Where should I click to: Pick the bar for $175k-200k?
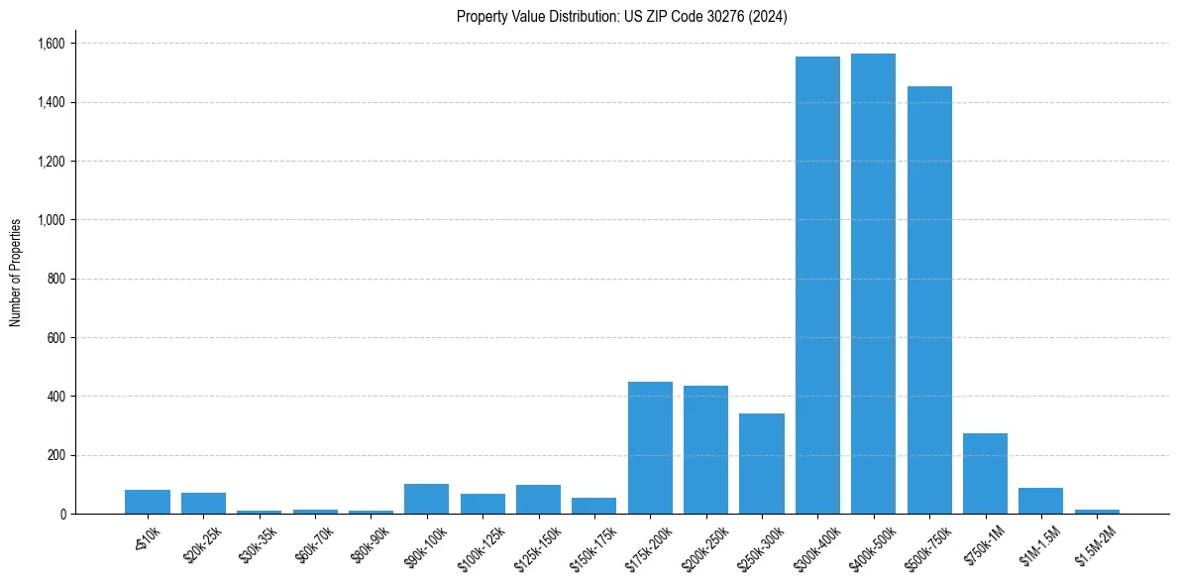coord(650,448)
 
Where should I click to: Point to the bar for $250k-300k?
coord(762,464)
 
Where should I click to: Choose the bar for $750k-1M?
coord(985,474)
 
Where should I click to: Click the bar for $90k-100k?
coord(426,499)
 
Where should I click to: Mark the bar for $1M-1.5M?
coord(1040,501)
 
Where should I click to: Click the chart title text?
coord(621,17)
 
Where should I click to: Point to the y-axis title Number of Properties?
coord(16,273)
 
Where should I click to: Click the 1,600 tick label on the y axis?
coord(51,44)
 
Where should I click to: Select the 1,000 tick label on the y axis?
coord(51,220)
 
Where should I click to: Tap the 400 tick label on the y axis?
coord(55,397)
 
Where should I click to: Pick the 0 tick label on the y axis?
coord(61,515)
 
